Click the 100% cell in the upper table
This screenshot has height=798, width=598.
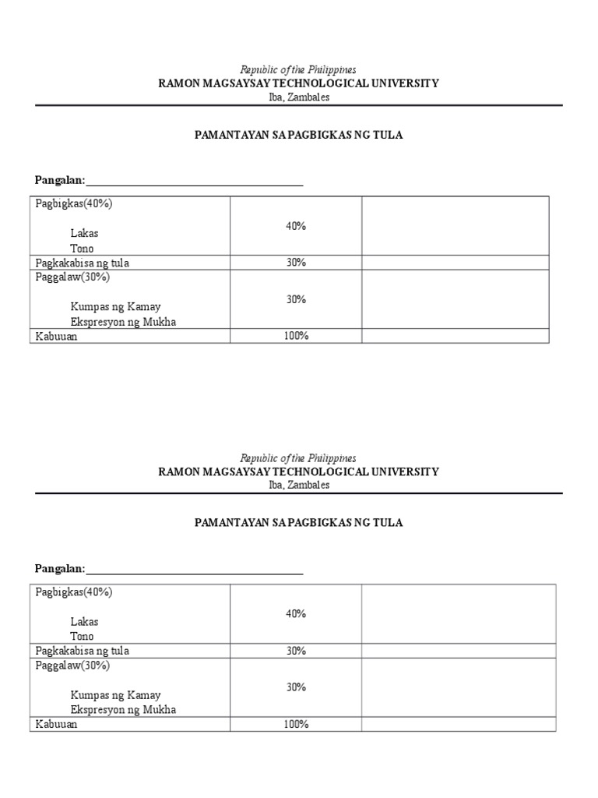click(296, 336)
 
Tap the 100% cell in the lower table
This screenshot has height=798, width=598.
click(296, 724)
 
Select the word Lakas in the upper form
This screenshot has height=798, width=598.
click(84, 233)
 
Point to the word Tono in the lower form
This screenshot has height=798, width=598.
click(82, 636)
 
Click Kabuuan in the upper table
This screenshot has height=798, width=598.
click(56, 336)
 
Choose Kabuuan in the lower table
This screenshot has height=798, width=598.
click(56, 724)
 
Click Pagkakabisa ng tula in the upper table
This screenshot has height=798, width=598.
click(82, 263)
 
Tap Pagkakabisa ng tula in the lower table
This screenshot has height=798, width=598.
click(82, 651)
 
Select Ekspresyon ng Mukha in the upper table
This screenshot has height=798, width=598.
click(123, 321)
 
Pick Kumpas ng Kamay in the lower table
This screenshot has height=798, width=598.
click(115, 694)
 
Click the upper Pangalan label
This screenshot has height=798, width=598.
click(59, 181)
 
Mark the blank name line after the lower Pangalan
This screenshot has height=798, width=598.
click(195, 570)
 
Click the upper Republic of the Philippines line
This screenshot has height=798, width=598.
click(298, 70)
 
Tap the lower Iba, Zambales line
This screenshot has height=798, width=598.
click(298, 485)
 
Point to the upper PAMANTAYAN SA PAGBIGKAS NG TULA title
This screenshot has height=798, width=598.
click(298, 135)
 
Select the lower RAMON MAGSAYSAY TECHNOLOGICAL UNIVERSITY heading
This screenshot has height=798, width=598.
click(298, 471)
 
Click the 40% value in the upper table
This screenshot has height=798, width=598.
click(296, 226)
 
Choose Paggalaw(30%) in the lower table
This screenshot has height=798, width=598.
click(72, 666)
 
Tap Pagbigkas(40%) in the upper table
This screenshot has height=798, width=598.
click(74, 203)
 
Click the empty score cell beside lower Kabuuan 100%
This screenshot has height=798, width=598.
click(458, 724)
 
